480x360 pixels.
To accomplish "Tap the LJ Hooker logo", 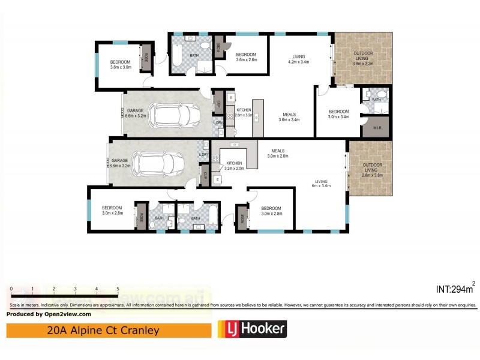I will point(251,329).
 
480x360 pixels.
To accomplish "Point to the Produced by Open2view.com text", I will point(49,314).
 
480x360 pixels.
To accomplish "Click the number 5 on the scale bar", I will point(118,289).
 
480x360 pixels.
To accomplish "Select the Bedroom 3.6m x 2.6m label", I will point(246,56).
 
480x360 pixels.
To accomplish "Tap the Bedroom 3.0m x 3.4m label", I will point(338,114).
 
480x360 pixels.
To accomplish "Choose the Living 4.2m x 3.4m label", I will point(298,59).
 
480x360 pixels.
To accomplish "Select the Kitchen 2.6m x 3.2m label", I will point(244,112).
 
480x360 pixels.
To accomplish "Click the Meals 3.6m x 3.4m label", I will point(289,117).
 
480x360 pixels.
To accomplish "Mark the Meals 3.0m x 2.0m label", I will point(278,154).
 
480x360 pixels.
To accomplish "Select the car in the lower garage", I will point(158,161).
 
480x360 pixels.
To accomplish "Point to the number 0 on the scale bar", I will point(11,289).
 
